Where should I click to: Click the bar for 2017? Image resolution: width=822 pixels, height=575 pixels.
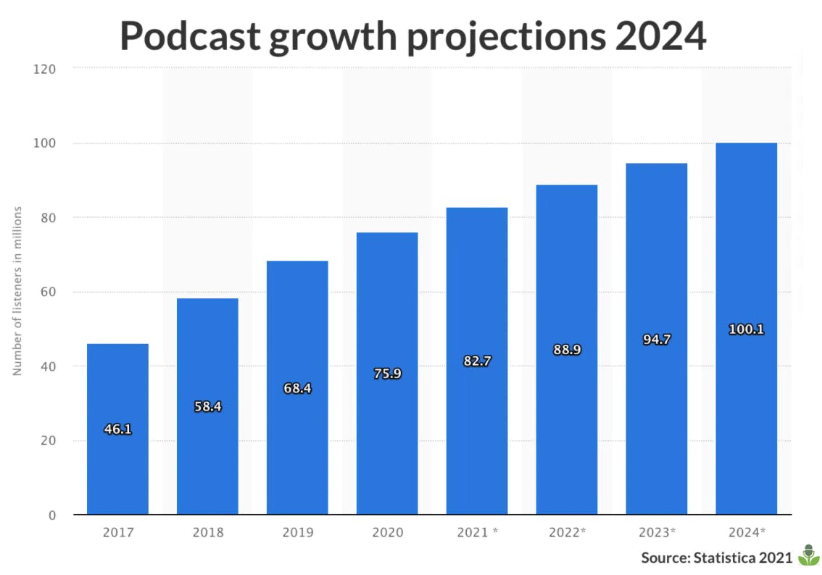(117, 463)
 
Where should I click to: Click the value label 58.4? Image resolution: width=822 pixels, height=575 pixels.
(207, 406)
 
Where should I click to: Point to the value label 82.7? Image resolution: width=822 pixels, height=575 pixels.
(477, 361)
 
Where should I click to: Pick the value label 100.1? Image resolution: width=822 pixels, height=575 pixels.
(746, 329)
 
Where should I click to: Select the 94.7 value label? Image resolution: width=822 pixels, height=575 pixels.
(657, 338)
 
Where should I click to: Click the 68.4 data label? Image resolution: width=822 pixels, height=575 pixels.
(297, 388)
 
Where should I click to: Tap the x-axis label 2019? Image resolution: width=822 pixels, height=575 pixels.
(297, 533)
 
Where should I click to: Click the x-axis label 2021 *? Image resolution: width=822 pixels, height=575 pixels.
(477, 533)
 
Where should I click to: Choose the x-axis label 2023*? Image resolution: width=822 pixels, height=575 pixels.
(657, 533)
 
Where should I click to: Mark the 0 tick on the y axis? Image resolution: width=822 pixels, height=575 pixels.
(51, 515)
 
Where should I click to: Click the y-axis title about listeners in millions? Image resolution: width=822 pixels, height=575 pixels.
(18, 290)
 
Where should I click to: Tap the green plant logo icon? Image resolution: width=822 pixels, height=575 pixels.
(808, 555)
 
